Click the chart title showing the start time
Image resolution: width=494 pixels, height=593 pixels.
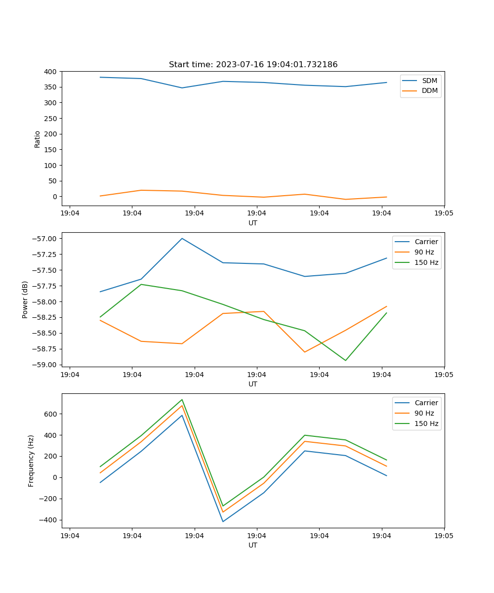[253, 65]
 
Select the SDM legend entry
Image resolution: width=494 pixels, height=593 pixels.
[429, 81]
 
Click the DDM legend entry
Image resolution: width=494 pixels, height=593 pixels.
[429, 90]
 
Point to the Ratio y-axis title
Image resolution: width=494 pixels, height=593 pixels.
[38, 139]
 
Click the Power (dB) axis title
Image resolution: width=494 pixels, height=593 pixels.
[25, 299]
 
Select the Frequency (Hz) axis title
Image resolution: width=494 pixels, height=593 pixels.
[31, 461]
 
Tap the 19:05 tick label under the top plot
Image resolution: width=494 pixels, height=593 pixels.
[444, 213]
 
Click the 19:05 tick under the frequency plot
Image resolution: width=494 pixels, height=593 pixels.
[444, 536]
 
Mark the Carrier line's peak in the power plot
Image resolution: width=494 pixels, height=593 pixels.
[182, 238]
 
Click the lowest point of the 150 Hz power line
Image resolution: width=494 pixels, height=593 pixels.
[345, 360]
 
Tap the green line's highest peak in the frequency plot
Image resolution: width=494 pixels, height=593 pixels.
[182, 399]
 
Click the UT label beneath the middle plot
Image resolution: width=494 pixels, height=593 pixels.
[253, 384]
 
